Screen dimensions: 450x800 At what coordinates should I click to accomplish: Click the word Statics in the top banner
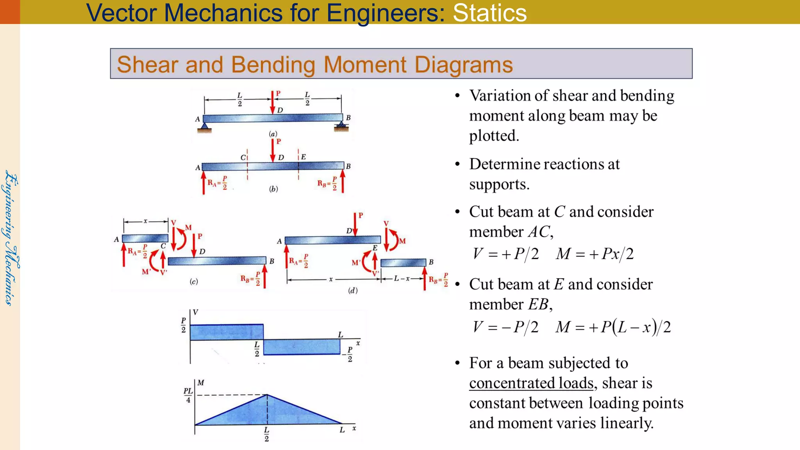[489, 12]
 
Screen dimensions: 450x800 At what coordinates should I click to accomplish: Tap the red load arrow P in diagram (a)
[273, 102]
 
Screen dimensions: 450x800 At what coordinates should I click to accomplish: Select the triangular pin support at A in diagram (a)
[204, 126]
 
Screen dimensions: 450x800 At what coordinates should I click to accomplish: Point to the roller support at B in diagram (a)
[341, 126]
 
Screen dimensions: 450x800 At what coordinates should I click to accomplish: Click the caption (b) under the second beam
[273, 189]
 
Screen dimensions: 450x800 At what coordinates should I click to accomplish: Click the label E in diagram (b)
[304, 157]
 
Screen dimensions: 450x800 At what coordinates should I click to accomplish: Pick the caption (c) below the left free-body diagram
[194, 282]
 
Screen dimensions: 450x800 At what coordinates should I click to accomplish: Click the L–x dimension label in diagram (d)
[402, 279]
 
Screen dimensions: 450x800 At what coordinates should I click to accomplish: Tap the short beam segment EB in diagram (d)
[403, 262]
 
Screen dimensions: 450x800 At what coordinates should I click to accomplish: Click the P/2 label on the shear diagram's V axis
[183, 325]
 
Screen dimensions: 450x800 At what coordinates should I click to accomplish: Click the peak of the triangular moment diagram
[267, 395]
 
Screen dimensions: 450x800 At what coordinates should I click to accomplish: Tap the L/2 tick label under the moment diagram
[266, 434]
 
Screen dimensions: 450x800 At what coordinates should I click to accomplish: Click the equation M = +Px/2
[595, 254]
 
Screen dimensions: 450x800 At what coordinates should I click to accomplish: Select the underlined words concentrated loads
[531, 383]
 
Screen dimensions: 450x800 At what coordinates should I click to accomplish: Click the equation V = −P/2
[505, 327]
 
